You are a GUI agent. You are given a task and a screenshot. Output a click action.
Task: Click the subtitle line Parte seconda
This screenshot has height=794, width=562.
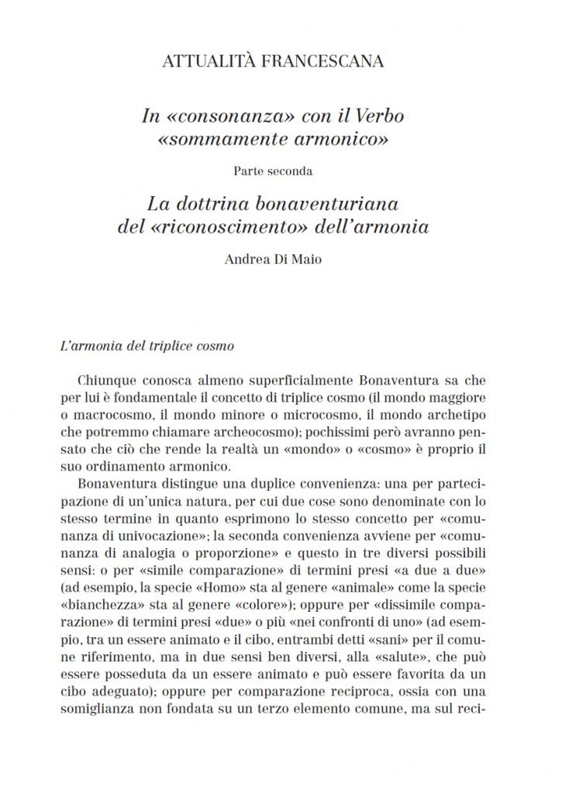tap(281, 171)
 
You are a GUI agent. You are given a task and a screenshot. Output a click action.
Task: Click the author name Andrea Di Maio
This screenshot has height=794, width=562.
tap(281, 260)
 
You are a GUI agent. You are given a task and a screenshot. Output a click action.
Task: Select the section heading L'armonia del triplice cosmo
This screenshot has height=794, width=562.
tap(147, 345)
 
